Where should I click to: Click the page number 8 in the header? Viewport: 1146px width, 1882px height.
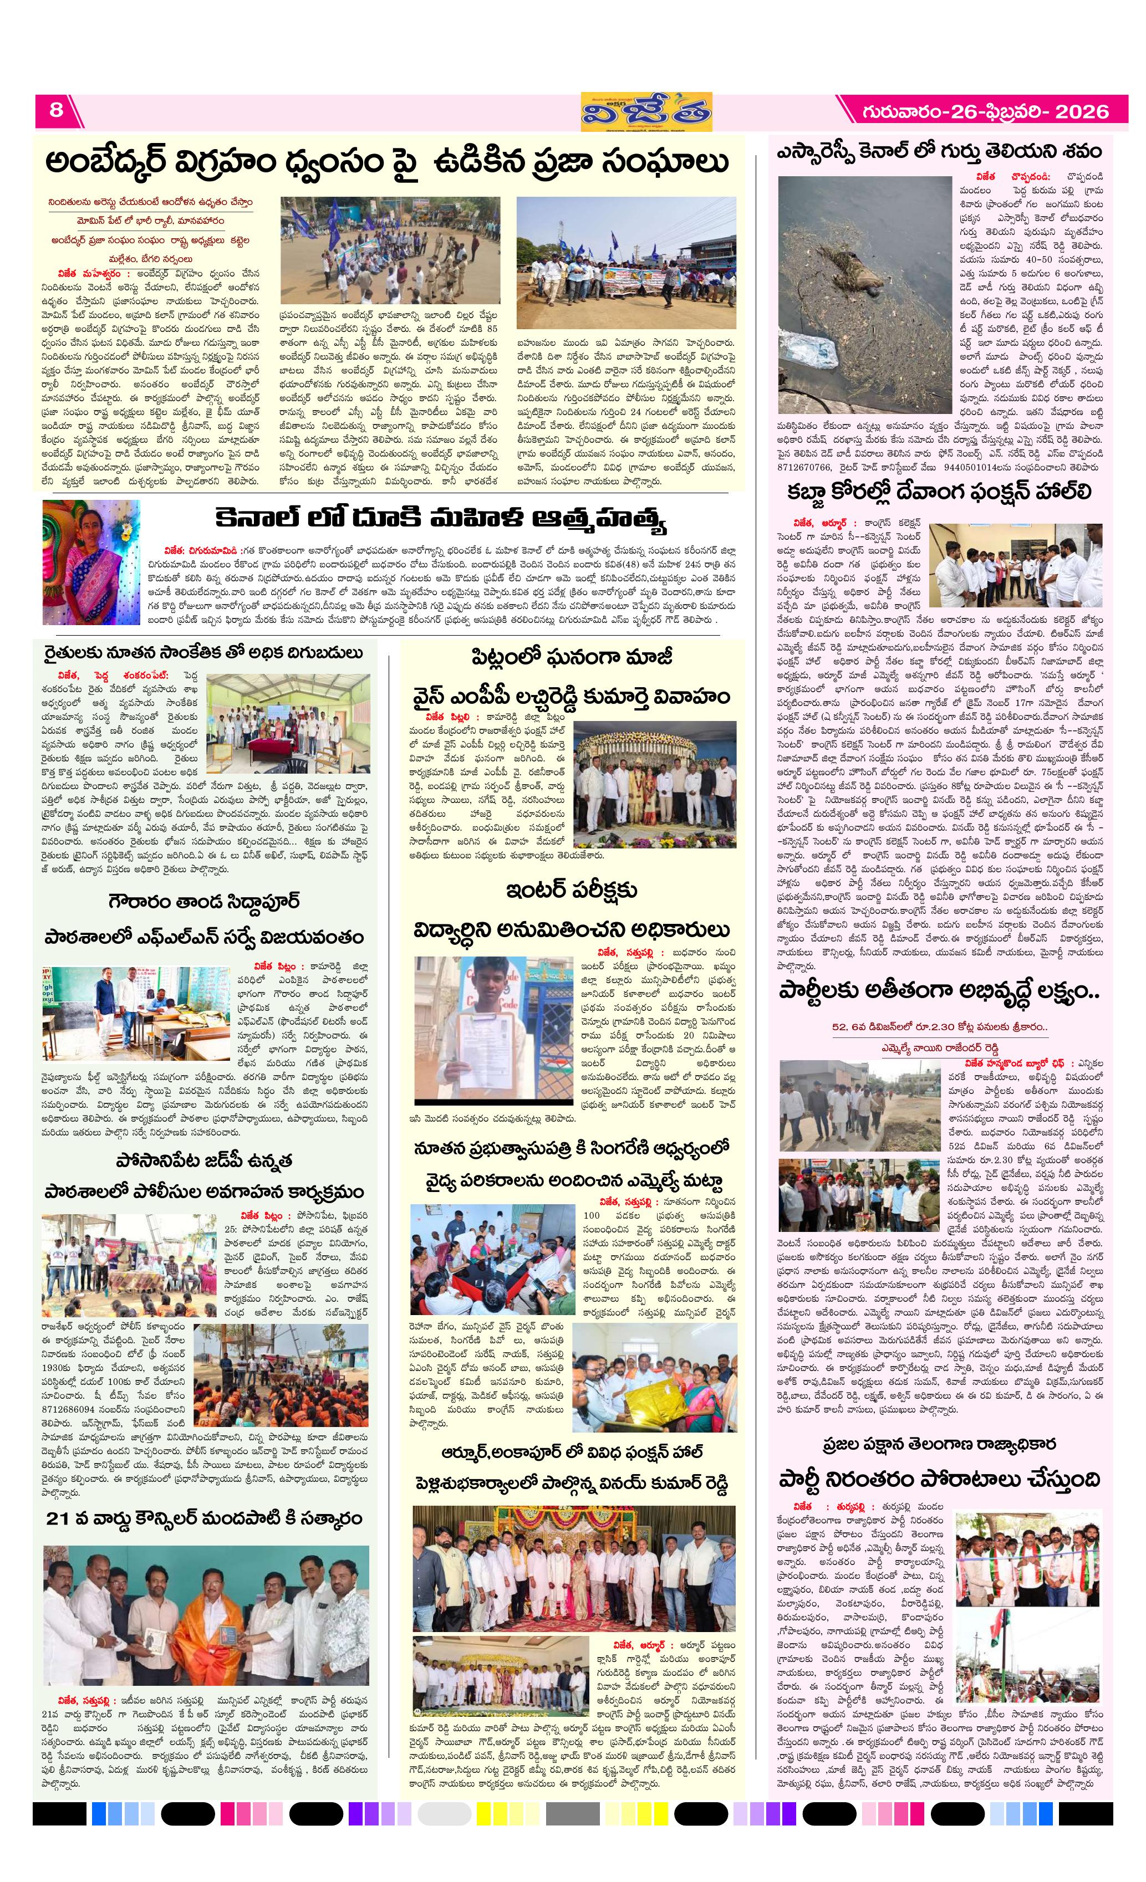point(57,110)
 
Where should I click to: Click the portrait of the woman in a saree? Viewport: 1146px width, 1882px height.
point(90,561)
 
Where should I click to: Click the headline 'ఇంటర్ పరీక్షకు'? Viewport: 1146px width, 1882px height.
point(572,890)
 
